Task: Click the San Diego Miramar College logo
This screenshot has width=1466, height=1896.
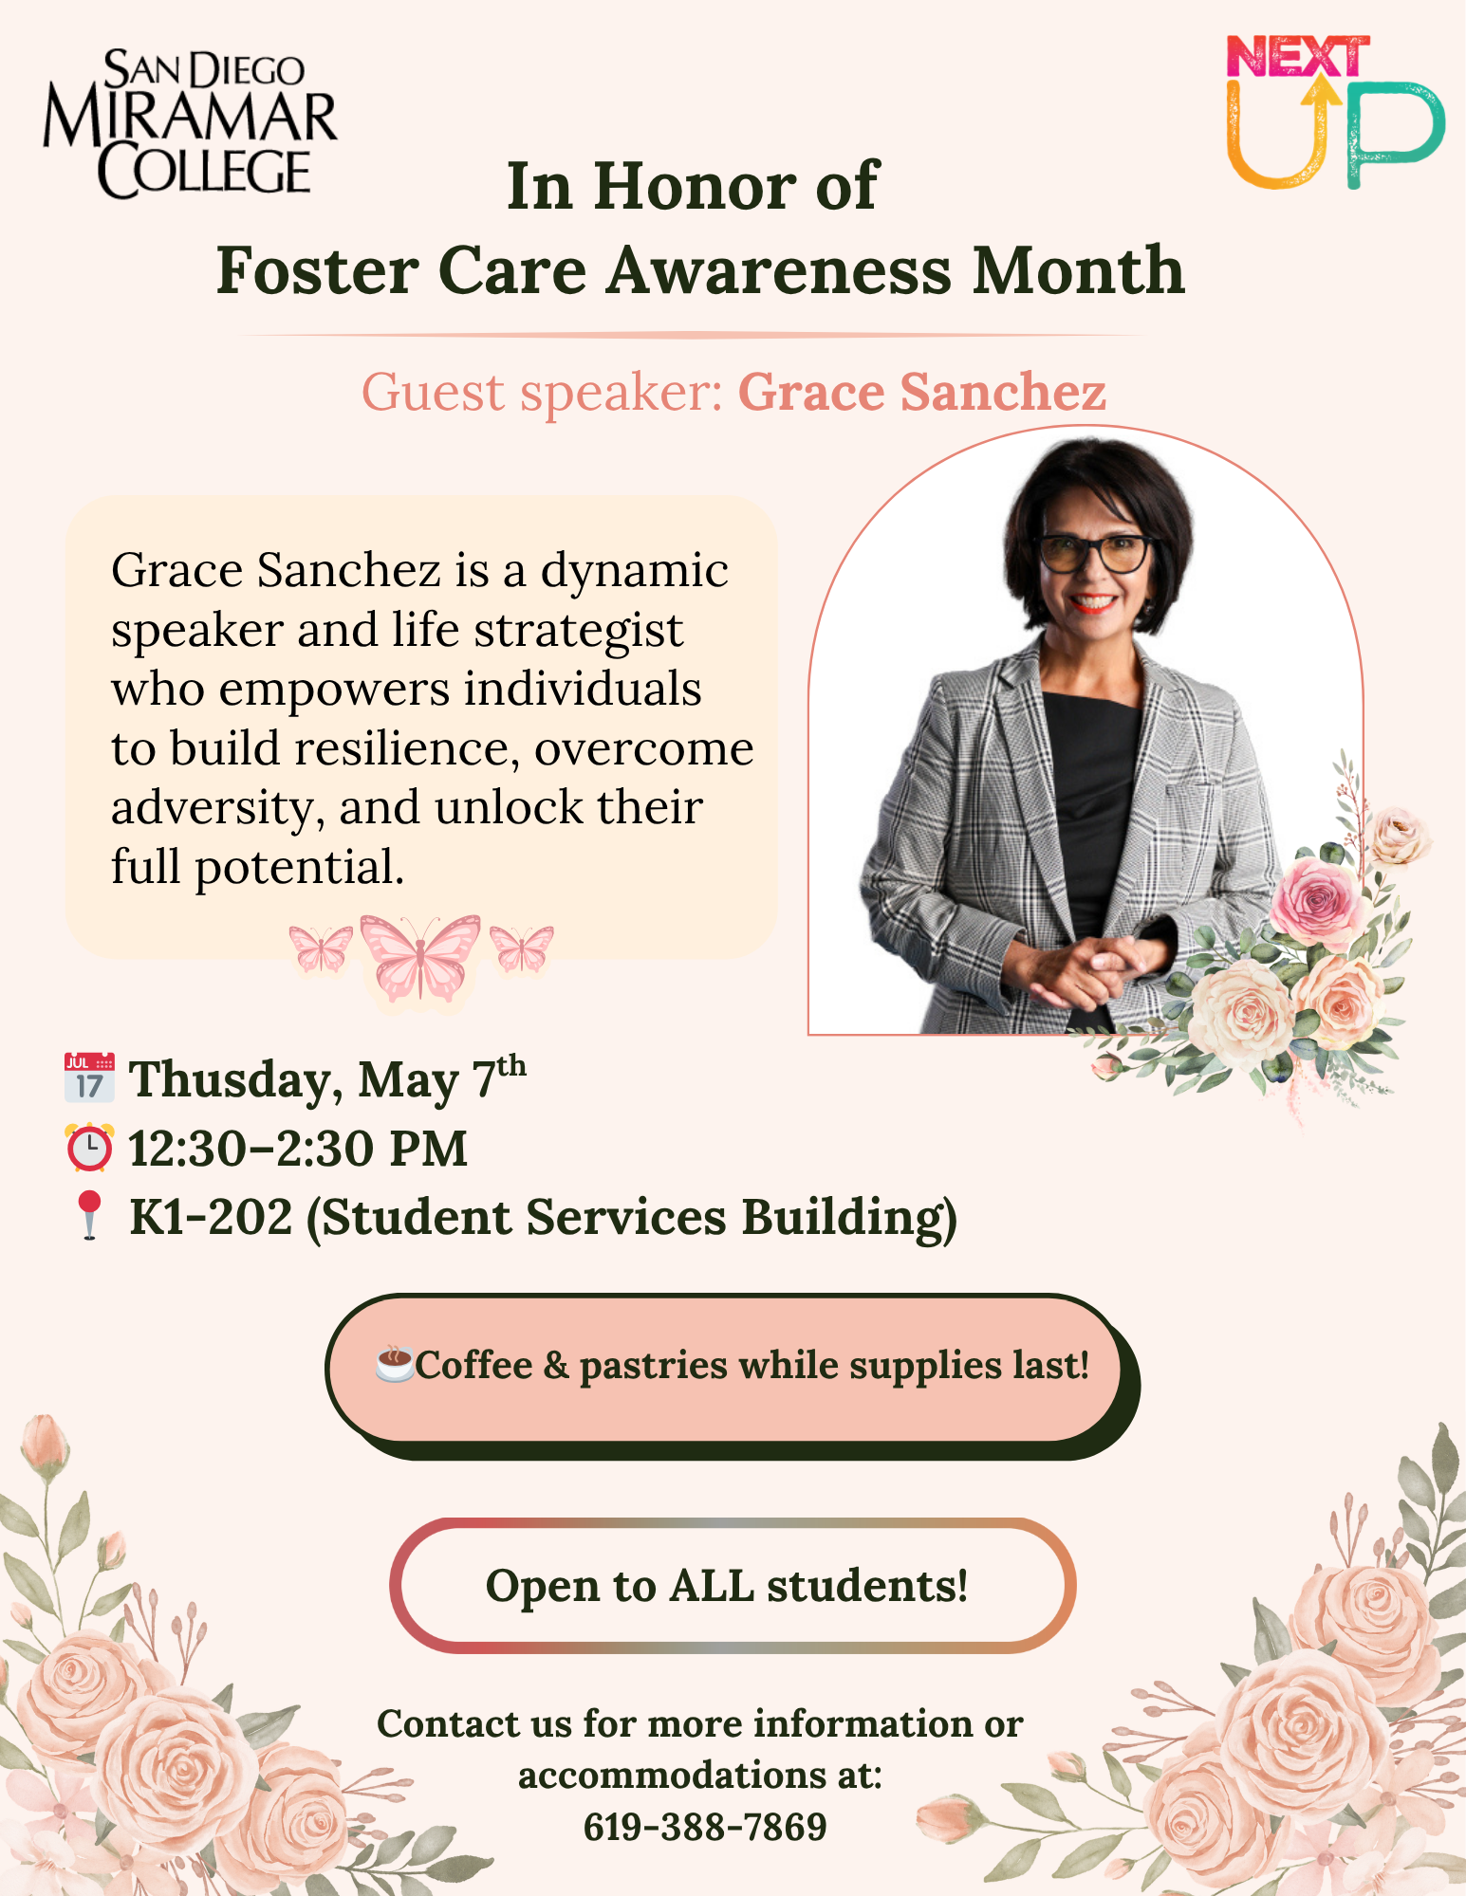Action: tap(190, 123)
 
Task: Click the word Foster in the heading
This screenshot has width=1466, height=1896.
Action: tap(318, 271)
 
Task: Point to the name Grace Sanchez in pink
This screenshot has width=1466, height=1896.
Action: tap(922, 392)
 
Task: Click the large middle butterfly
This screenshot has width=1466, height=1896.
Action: tap(420, 956)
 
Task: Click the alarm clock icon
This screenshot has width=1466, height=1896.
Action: tap(89, 1147)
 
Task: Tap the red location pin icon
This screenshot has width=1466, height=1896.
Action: tap(89, 1215)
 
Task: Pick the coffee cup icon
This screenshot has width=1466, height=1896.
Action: tap(394, 1363)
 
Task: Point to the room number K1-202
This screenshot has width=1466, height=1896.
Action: tap(211, 1217)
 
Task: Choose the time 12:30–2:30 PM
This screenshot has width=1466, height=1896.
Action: tap(298, 1149)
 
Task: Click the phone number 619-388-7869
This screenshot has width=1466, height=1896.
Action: tap(705, 1826)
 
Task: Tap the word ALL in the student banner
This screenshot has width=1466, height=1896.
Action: tap(712, 1585)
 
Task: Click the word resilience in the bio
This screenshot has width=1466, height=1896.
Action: tap(407, 748)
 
